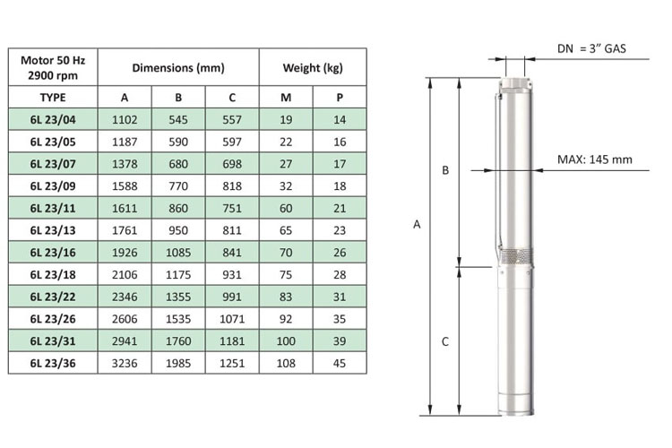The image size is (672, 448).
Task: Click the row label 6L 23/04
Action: pos(53,119)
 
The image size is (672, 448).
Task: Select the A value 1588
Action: pos(125,186)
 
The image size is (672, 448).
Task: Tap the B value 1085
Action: pos(178,253)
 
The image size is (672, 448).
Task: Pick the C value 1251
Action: pos(232,363)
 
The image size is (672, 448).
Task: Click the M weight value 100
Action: pos(286,341)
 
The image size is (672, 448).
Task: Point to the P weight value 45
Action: pos(340,363)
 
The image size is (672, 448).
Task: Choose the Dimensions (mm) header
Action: pos(178,68)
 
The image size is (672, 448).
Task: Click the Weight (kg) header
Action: pos(313,68)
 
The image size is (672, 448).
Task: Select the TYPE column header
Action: pos(53,98)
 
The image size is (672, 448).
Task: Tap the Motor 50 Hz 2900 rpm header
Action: pos(53,68)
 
